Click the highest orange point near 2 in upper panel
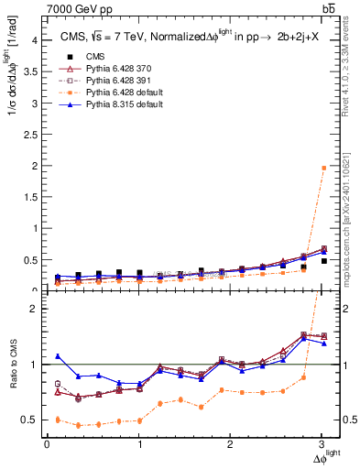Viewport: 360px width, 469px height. click(x=322, y=168)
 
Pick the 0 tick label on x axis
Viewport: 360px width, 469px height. click(x=47, y=444)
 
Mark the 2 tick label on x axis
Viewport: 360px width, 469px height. click(x=231, y=444)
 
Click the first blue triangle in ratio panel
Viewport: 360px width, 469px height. click(x=58, y=356)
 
